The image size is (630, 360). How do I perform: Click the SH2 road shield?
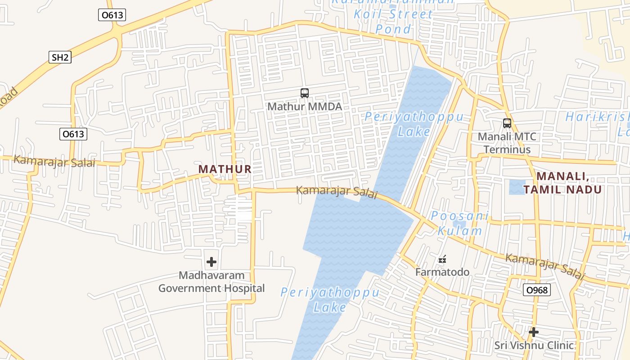[x=60, y=57]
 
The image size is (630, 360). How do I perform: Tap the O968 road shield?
[x=537, y=290]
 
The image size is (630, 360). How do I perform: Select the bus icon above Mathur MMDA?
[x=305, y=93]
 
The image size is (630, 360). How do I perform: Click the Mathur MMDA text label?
[x=305, y=107]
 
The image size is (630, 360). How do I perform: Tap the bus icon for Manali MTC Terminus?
[x=507, y=123]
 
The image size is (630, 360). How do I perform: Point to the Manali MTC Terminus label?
[x=504, y=143]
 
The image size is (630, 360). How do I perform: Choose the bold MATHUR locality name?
[x=225, y=169]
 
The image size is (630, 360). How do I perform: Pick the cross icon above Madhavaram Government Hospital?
[x=211, y=261]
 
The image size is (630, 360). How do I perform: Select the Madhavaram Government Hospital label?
[x=211, y=282]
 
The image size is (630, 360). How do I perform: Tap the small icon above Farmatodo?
[x=442, y=259]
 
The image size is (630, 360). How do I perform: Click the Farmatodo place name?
[x=442, y=272]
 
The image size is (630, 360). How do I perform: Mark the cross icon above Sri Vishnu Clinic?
[x=534, y=332]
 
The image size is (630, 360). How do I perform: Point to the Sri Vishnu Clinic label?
[x=534, y=345]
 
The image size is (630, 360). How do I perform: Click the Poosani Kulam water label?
[x=459, y=224]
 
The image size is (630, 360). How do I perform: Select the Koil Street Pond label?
[x=394, y=21]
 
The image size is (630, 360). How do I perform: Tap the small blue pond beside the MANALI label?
[x=517, y=187]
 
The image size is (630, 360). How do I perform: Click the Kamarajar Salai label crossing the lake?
[x=336, y=192]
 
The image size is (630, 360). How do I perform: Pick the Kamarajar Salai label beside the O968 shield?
[x=544, y=266]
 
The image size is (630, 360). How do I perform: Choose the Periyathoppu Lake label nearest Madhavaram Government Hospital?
[x=330, y=300]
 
